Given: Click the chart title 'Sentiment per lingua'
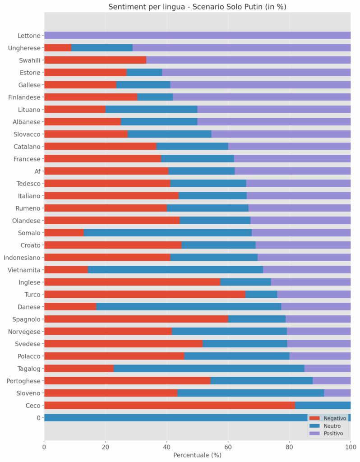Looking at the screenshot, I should pos(197,7).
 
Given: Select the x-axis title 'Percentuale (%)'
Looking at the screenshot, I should pos(197,455).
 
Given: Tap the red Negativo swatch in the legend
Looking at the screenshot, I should pos(315,419).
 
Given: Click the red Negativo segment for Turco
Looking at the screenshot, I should pos(144,294).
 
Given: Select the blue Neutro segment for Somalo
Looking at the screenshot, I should pos(167,233).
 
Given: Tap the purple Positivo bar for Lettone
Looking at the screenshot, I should pos(197,35).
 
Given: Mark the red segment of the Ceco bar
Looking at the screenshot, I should pos(169,405).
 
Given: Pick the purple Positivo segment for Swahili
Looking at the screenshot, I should pos(248,60).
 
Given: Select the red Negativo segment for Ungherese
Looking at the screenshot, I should pos(57,47).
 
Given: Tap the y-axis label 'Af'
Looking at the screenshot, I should pos(37,171).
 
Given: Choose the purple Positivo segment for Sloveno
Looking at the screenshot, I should pos(337,393).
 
